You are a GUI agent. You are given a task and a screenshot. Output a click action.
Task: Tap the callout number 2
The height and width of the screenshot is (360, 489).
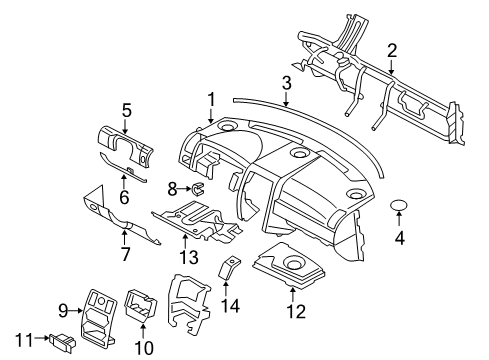click(x=392, y=49)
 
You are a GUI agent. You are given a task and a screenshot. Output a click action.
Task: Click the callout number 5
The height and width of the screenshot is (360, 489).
click(x=127, y=111)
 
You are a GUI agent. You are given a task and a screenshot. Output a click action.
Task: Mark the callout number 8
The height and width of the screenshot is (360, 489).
click(x=171, y=187)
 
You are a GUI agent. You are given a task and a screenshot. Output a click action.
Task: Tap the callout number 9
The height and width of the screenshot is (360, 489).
click(x=62, y=309)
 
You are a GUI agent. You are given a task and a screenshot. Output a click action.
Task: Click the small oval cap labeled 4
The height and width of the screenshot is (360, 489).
click(x=401, y=205)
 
